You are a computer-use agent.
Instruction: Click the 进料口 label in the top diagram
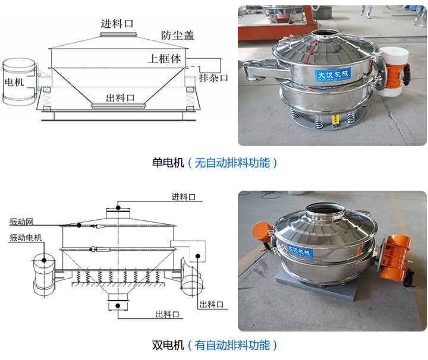pos(117,23)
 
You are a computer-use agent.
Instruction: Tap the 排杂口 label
pos(213,78)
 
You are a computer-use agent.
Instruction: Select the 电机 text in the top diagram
pos(15,81)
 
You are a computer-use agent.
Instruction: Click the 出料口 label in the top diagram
pos(120,97)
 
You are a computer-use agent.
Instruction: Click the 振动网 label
pos(21,222)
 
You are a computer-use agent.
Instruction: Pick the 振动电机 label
pos(26,238)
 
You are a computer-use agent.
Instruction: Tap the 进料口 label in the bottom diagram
pos(184,197)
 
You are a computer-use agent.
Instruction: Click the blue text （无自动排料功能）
pos(232,162)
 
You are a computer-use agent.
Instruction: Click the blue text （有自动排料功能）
pos(232,345)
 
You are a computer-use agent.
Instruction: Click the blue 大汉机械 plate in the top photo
pos(333,75)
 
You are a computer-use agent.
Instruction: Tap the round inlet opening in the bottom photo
pos(325,210)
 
